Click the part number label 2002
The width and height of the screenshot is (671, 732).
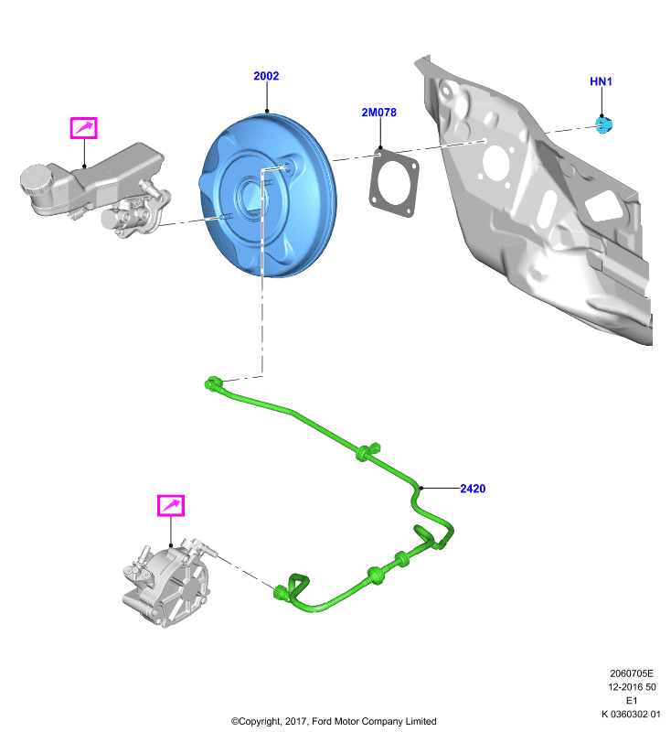click(266, 76)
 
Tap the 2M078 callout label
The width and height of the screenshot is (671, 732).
click(378, 112)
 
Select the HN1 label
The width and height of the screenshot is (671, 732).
click(601, 81)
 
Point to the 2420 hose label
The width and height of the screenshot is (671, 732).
click(473, 489)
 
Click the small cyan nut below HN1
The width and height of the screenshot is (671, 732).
click(604, 124)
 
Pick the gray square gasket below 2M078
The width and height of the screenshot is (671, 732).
click(394, 183)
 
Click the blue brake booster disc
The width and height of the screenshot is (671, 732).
click(269, 195)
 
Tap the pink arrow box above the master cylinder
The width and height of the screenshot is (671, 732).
click(83, 128)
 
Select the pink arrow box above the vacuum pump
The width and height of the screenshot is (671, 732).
click(171, 506)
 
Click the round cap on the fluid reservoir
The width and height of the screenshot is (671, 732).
click(34, 178)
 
